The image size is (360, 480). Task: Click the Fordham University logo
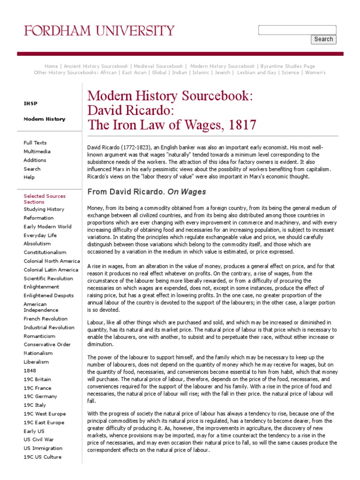99,31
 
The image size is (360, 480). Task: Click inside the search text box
297,30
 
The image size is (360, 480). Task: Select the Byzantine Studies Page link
288,66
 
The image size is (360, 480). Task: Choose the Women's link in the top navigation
315,73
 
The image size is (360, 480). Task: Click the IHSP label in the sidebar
30,104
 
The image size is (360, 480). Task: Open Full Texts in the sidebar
35,142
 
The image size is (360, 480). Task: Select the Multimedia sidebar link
37,151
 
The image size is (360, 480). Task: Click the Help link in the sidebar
29,177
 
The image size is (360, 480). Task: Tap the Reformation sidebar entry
38,218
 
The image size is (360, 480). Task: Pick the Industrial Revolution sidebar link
49,328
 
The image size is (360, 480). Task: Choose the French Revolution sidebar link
45,319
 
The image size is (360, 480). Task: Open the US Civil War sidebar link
39,440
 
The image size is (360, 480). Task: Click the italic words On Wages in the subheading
187,192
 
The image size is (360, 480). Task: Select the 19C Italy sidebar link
35,405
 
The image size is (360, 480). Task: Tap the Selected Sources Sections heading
45,199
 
